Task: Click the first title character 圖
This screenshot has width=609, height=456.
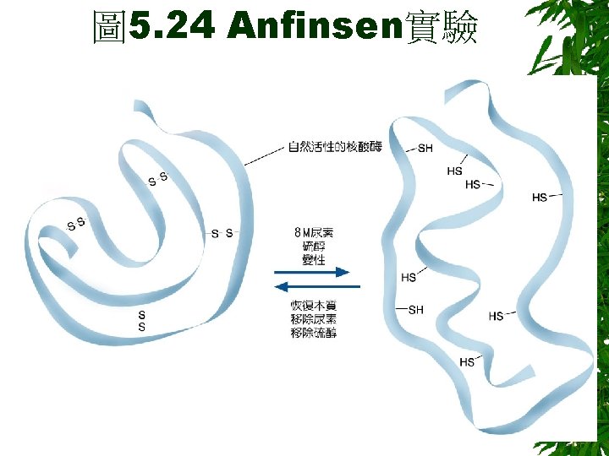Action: (109, 28)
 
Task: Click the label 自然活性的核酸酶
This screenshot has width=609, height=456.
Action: (335, 147)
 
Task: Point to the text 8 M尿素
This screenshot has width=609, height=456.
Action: (313, 232)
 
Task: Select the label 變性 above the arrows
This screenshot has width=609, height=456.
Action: (313, 260)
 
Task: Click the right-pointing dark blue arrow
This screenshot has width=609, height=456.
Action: (313, 272)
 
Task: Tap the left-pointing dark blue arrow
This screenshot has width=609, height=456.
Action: (313, 286)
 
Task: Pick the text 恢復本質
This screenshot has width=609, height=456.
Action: (313, 304)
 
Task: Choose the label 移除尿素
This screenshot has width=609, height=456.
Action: (313, 318)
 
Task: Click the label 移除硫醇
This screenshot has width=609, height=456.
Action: (313, 333)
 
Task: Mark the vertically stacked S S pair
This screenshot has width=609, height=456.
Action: (141, 321)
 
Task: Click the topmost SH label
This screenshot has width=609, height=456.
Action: (425, 148)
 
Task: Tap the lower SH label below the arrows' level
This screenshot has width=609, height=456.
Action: (415, 310)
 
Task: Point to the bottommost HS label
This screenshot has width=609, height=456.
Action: (467, 362)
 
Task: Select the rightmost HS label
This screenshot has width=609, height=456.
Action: (539, 198)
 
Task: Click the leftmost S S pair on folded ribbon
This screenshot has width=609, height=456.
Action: (76, 224)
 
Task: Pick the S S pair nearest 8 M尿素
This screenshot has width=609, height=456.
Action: (222, 233)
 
